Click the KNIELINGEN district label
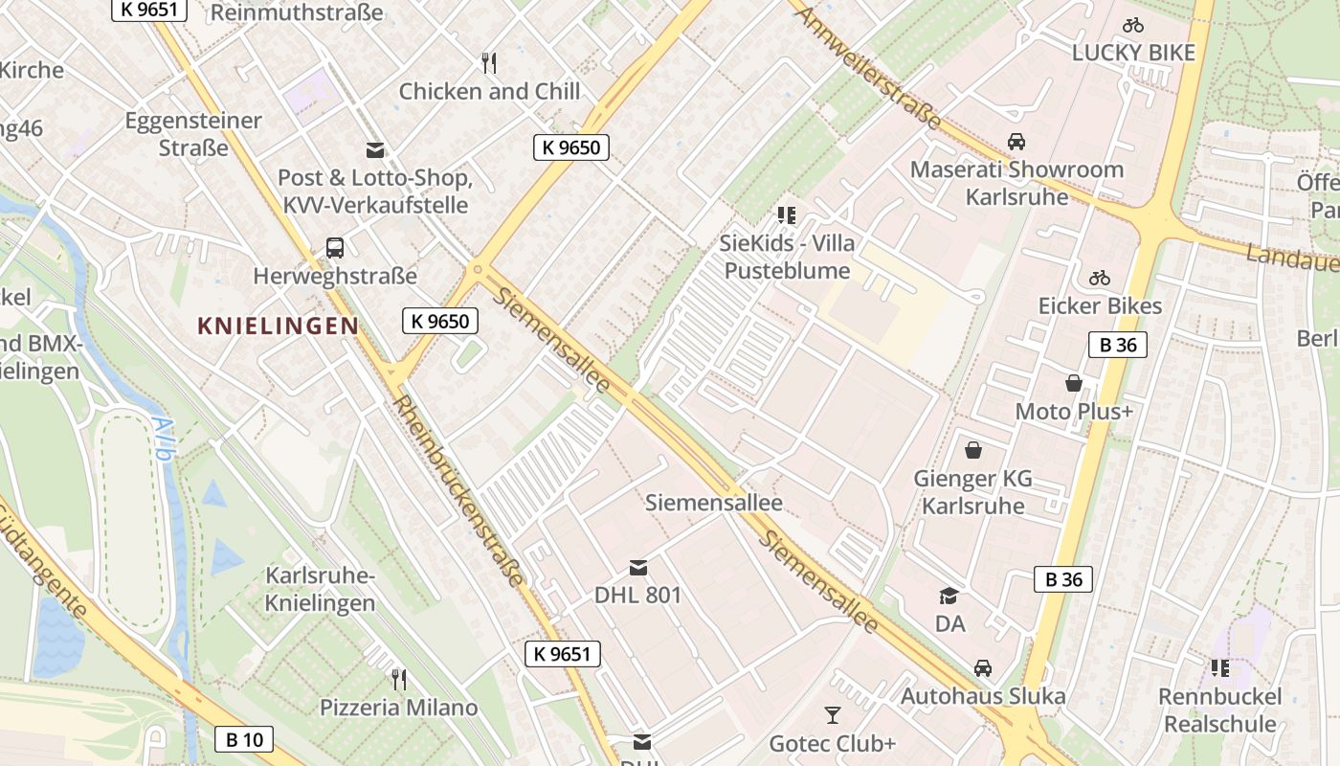278,326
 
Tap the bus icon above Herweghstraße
335,248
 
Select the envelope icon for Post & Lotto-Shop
375,149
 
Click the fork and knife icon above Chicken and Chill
489,63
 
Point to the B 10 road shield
244,739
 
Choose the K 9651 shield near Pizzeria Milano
563,654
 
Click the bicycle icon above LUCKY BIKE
1133,25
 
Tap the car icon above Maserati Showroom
1016,142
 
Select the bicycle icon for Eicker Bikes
1100,279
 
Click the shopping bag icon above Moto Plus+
1074,383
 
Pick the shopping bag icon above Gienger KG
973,450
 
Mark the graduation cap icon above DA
949,596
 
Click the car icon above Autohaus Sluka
983,667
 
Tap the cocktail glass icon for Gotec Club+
832,714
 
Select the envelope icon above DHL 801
637,568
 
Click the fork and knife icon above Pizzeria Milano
398,680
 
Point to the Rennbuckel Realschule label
1218,710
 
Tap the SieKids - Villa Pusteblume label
787,257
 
